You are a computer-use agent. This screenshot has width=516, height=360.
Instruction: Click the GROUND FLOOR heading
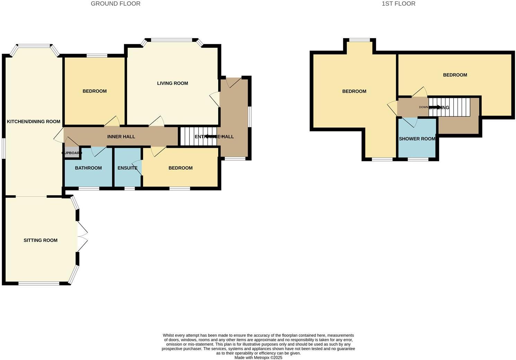(115, 4)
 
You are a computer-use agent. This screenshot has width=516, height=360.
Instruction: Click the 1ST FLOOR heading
(398, 4)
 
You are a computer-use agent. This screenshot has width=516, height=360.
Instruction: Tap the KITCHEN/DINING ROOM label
(34, 121)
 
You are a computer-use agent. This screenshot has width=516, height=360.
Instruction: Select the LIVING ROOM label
(172, 83)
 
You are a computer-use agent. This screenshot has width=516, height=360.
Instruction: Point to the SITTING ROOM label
(41, 240)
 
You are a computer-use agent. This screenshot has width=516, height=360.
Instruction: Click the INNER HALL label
(121, 137)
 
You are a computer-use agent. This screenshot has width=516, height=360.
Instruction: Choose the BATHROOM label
(88, 168)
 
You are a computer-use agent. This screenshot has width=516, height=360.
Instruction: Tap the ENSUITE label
(127, 168)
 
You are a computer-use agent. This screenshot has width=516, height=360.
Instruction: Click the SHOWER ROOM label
(417, 139)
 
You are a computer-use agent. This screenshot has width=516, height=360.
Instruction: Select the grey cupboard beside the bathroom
(72, 153)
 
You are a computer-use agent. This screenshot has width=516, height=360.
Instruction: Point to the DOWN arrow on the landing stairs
(435, 107)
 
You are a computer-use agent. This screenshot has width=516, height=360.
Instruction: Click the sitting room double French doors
(82, 237)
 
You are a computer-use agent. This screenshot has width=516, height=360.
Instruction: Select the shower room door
(409, 122)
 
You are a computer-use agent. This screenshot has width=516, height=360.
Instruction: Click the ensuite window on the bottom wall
(130, 189)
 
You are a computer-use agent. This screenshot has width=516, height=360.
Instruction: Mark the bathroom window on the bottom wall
(89, 189)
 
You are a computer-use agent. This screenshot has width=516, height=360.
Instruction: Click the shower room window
(418, 160)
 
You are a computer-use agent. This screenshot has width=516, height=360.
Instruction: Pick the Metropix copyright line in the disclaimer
(258, 358)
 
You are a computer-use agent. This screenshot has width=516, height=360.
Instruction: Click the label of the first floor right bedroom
(455, 75)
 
